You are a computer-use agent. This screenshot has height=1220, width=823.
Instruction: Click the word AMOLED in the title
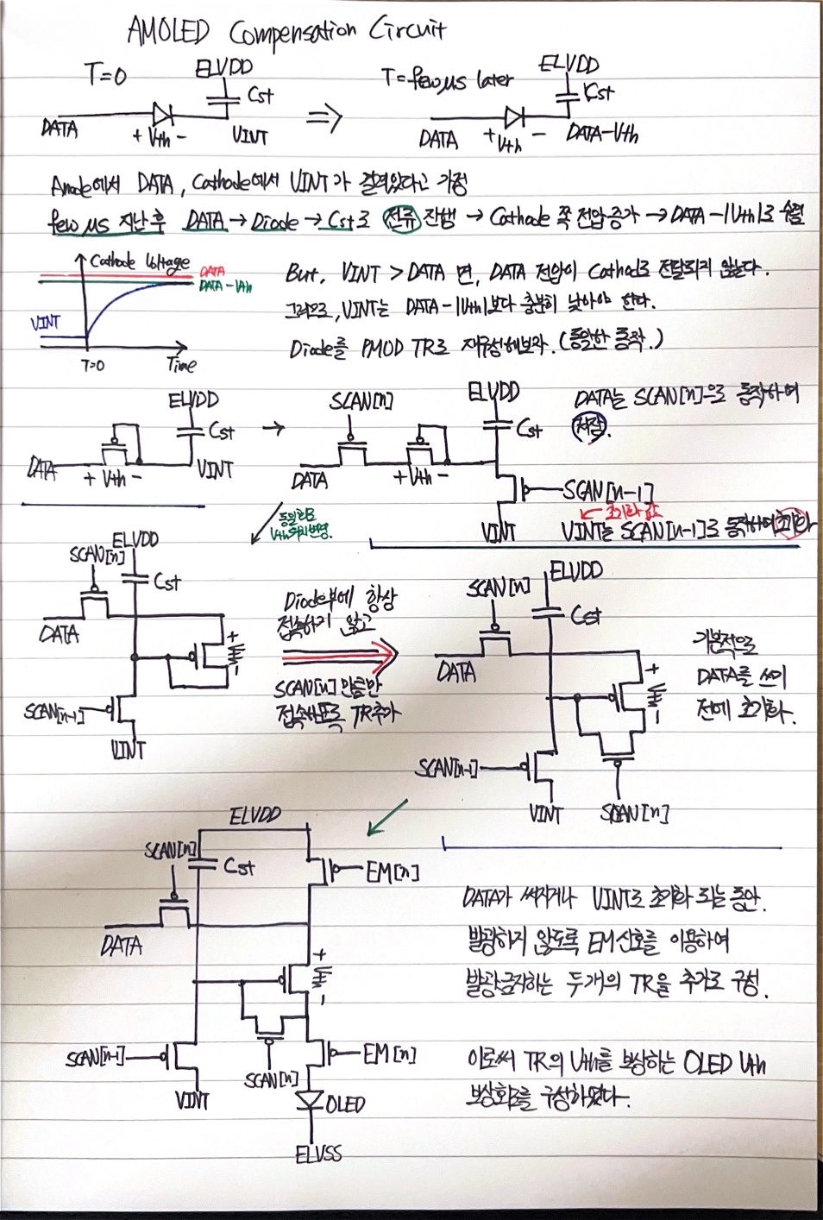tap(168, 32)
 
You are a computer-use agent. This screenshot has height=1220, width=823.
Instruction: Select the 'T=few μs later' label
tap(448, 80)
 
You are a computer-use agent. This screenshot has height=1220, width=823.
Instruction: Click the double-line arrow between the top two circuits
tap(324, 118)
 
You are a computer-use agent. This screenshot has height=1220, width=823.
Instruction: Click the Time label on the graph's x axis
tap(181, 364)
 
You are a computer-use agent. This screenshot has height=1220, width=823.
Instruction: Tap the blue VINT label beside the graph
tap(46, 323)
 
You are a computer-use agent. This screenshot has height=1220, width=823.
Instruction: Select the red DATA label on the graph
tap(211, 271)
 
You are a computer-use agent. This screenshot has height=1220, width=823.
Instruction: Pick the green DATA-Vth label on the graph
tap(225, 286)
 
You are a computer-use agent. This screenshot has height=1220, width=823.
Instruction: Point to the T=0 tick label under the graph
tap(92, 365)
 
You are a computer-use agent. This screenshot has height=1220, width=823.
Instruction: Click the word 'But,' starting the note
tap(305, 274)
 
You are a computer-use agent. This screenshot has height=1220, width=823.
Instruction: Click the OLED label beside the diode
tap(345, 1104)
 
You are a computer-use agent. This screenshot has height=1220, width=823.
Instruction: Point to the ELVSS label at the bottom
tap(318, 1153)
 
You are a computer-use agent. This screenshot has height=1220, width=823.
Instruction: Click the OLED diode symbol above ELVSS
tap(309, 1100)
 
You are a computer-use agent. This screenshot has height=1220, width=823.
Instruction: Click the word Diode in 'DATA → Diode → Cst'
tap(274, 223)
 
